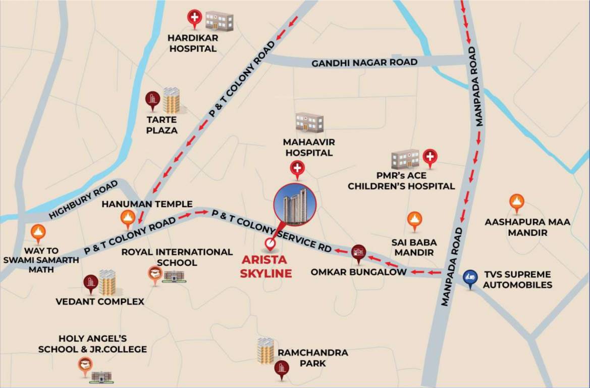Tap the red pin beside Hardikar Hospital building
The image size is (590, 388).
194,19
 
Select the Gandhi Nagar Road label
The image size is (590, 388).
364,63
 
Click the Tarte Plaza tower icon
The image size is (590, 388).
171,100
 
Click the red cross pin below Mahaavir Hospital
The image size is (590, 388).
297,169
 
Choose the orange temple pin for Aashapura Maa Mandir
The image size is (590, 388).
516,203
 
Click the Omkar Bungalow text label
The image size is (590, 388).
358,272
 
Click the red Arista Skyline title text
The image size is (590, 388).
267,267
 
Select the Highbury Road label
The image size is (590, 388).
84,200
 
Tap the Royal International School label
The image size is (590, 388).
177,257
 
